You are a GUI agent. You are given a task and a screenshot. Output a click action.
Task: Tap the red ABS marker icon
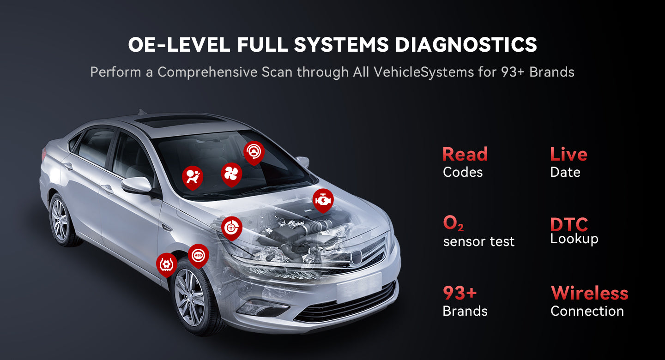198,255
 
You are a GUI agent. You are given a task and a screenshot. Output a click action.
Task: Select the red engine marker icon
322,199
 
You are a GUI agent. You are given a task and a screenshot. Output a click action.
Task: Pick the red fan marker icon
231,173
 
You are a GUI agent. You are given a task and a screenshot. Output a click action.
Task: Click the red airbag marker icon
192,177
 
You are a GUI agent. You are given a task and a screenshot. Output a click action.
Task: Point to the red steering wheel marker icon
254,151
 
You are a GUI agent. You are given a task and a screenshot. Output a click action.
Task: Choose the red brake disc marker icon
231,227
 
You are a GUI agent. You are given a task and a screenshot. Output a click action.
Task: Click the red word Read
465,154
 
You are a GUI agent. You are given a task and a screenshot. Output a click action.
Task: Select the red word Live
568,154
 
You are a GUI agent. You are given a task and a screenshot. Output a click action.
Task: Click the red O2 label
453,223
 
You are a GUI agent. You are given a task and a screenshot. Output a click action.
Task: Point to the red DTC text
569,225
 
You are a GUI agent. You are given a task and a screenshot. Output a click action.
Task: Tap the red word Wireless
589,293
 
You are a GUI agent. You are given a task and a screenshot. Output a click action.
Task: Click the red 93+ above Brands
459,293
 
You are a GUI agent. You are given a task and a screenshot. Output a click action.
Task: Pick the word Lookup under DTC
574,239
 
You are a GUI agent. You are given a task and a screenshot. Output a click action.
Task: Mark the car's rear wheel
60,220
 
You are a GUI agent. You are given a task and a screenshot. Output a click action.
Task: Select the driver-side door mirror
137,185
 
